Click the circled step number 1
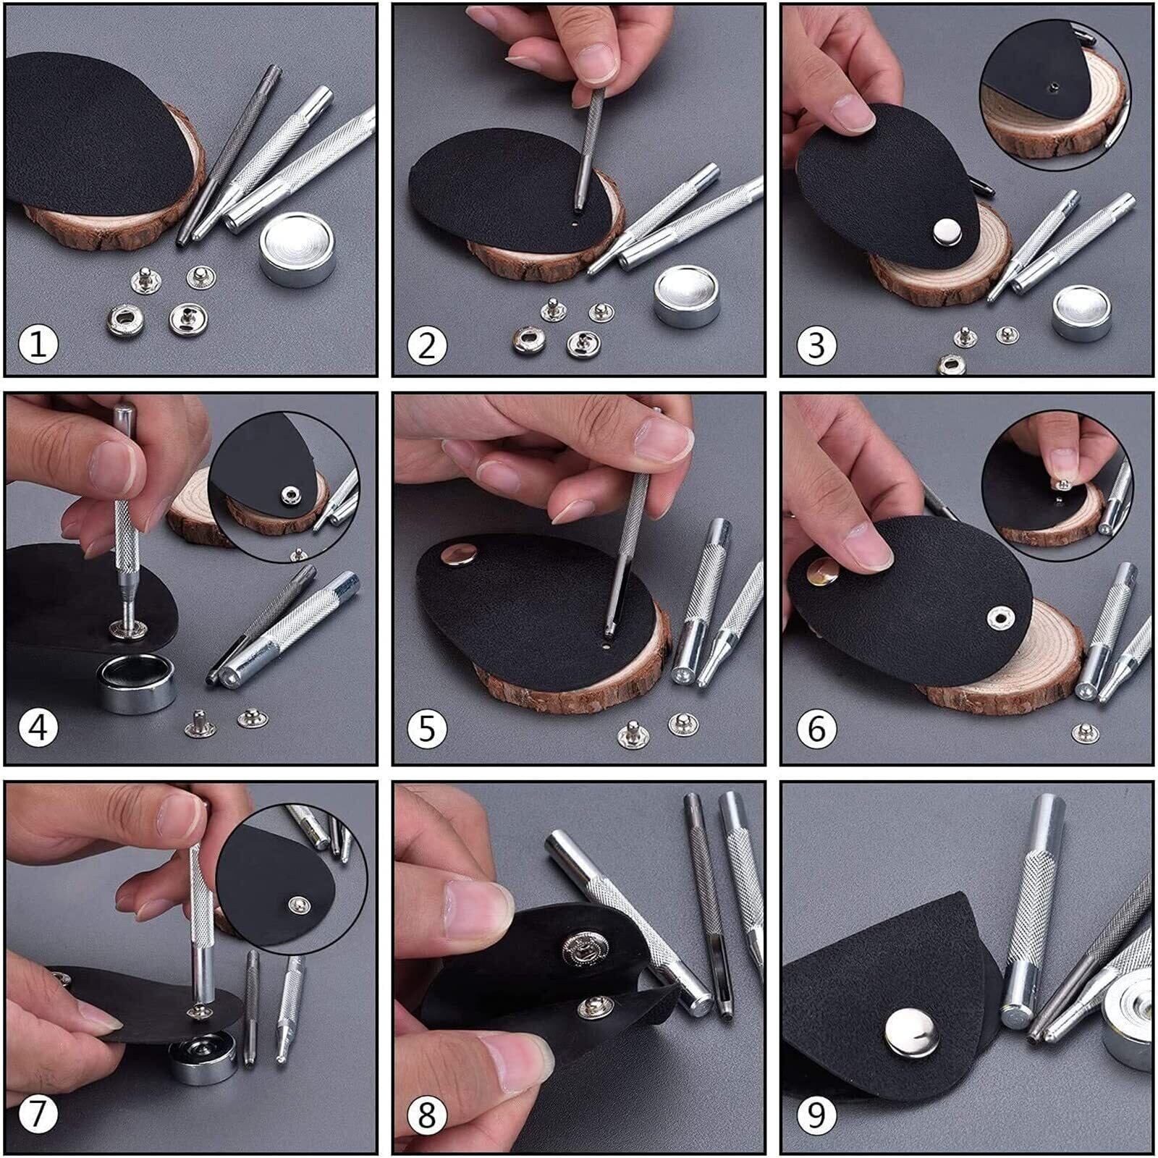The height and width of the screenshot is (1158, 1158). [x=38, y=343]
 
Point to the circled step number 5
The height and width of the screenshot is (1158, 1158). [x=427, y=727]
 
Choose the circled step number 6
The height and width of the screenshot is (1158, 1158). [x=816, y=727]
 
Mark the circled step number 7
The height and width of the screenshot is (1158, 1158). [x=38, y=1115]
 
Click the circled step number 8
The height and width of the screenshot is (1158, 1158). [x=427, y=1115]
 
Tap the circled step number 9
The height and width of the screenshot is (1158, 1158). [x=816, y=1115]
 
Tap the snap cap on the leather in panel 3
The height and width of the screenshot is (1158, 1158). [x=946, y=232]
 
